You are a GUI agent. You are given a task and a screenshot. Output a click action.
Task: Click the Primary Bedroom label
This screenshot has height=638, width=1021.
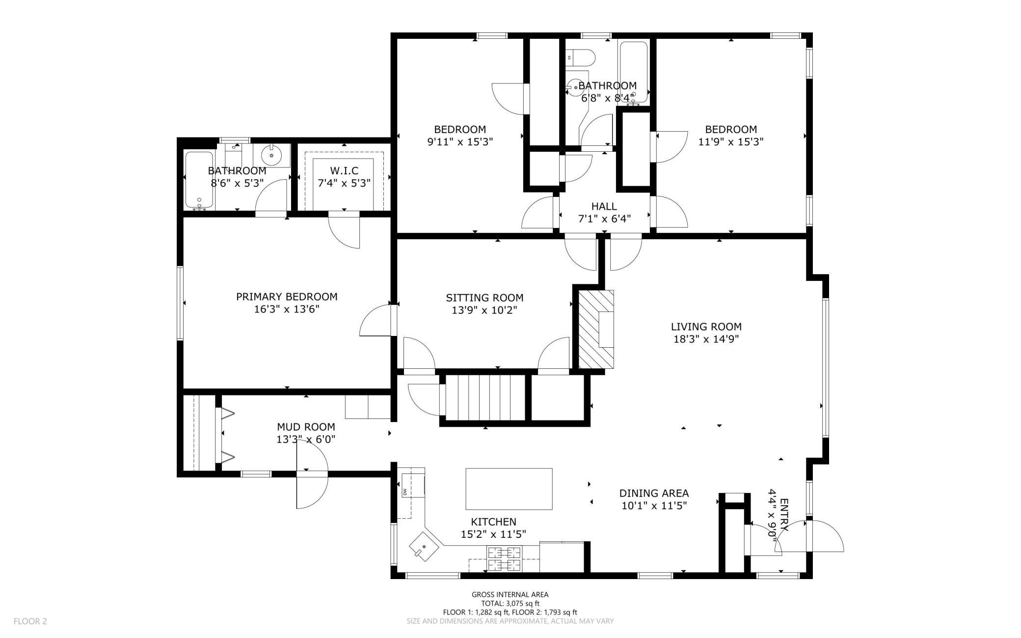click(287, 297)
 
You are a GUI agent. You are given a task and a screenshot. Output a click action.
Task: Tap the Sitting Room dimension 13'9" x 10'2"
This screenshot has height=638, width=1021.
click(484, 310)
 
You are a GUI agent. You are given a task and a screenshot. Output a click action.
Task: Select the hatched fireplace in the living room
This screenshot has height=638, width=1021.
click(596, 329)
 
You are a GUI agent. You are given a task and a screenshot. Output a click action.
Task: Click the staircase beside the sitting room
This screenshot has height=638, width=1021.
click(485, 398)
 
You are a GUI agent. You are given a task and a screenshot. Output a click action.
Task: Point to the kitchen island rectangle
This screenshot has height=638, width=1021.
click(509, 489)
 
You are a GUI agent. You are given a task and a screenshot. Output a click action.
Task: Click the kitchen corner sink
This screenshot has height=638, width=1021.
click(422, 547)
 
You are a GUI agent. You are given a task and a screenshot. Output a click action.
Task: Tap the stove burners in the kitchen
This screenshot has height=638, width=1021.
click(504, 559)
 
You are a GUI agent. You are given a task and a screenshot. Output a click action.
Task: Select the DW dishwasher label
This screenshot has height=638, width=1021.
click(405, 492)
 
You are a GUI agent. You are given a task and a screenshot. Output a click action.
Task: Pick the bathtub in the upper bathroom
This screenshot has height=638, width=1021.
click(634, 72)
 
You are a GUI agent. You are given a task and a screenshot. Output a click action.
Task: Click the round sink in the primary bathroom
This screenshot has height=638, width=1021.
click(271, 155)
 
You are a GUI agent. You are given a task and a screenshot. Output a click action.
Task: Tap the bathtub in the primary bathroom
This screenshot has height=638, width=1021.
click(199, 180)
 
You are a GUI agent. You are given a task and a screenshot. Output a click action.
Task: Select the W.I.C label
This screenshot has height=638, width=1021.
click(344, 171)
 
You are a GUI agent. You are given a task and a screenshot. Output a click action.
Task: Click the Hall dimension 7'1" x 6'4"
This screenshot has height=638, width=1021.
click(604, 219)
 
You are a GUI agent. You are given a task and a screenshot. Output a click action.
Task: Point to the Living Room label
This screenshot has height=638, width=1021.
click(706, 327)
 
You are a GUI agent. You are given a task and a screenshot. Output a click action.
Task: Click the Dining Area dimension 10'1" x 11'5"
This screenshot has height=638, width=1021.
click(654, 505)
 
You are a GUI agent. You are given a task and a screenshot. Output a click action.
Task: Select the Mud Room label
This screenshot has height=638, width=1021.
click(306, 427)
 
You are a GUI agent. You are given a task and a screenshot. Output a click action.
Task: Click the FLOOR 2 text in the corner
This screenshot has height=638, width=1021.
click(30, 621)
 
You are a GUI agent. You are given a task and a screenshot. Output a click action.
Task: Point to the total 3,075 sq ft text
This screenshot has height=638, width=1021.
click(510, 604)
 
